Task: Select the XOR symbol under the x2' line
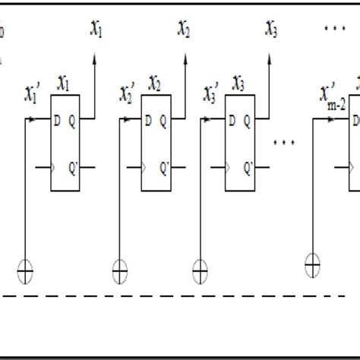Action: tap(121, 267)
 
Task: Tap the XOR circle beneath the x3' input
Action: tap(201, 267)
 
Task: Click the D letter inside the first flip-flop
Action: tap(57, 118)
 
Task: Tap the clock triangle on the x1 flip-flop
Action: tap(53, 165)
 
